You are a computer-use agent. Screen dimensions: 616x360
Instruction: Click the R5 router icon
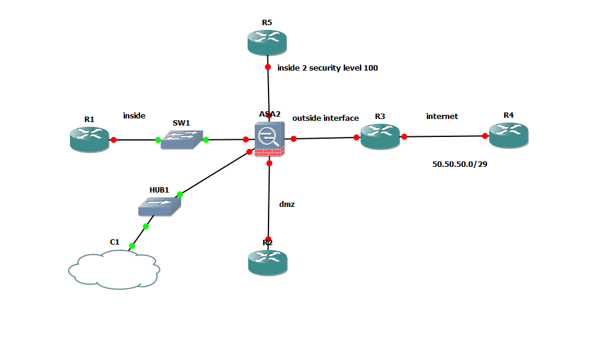(267, 42)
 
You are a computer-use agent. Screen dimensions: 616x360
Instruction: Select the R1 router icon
(90, 139)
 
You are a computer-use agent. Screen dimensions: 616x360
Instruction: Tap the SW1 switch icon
(181, 139)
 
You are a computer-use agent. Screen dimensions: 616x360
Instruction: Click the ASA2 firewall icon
(270, 139)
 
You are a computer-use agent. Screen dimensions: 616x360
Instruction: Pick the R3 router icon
(380, 136)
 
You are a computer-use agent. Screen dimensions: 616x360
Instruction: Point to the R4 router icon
(509, 135)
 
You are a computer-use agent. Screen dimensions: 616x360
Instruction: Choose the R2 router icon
(268, 262)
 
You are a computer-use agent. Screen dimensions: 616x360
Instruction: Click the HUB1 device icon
(160, 206)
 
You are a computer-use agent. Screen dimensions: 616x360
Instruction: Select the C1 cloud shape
(114, 270)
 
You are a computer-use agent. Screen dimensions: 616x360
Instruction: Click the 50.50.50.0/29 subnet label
(460, 164)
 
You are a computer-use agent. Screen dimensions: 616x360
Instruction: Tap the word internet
(442, 117)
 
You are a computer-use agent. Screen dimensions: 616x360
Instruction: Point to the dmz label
(287, 205)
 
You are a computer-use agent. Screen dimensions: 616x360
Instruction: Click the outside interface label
(325, 118)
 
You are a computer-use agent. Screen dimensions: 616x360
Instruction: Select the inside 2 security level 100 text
(328, 68)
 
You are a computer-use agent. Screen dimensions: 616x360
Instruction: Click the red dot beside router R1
(114, 139)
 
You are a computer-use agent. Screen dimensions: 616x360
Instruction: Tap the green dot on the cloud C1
(132, 246)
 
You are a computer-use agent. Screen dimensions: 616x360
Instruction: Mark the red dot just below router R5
(268, 67)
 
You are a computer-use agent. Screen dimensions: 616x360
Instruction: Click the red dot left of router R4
(485, 136)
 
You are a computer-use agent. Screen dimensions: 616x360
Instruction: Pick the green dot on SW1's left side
(158, 140)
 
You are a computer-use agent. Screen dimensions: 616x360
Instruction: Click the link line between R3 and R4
(445, 136)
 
